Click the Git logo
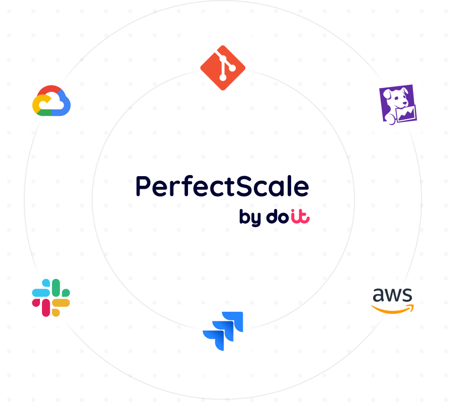tap(222, 68)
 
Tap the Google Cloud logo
tap(52, 100)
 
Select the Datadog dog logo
tap(398, 104)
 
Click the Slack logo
tap(51, 298)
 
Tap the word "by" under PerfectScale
tap(250, 217)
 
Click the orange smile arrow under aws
tap(393, 309)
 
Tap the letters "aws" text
tap(392, 295)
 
